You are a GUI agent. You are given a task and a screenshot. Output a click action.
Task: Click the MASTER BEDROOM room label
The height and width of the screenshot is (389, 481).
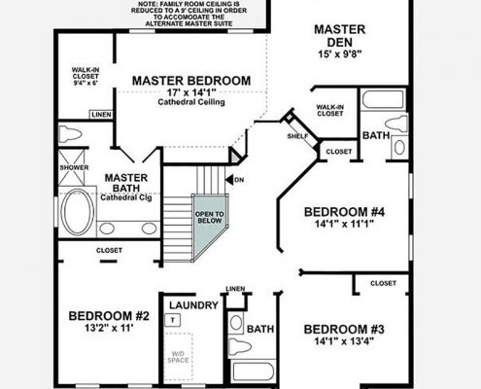coord(191,80)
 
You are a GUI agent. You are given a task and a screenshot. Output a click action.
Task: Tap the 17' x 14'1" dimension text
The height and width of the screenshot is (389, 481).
coord(190,95)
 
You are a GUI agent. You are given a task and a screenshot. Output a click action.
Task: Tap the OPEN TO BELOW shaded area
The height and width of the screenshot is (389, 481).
coord(209,219)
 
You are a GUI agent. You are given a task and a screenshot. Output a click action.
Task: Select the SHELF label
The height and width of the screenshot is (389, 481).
coord(296,136)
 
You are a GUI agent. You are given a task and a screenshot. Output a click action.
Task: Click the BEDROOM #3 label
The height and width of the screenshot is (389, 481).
coord(344,329)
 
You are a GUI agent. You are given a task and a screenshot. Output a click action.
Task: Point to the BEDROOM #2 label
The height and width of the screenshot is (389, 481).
coord(108,316)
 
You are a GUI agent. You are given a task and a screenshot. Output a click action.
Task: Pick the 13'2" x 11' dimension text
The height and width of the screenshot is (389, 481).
coord(108,331)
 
